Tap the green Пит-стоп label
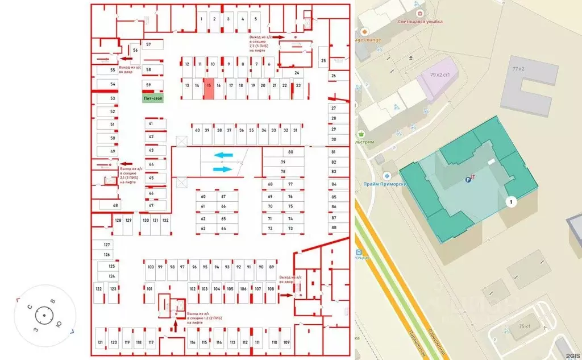click(x=152, y=98)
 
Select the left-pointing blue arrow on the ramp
click(x=223, y=155)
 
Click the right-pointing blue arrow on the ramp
click(x=223, y=169)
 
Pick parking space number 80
click(x=290, y=152)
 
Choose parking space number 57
click(x=148, y=44)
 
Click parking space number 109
click(x=286, y=342)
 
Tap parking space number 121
click(x=100, y=342)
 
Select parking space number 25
click(x=323, y=60)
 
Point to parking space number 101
click(x=149, y=289)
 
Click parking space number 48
click(x=115, y=205)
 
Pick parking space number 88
click(x=334, y=227)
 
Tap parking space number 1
click(x=201, y=19)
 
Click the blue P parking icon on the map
click(x=468, y=180)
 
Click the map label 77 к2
click(x=518, y=69)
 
